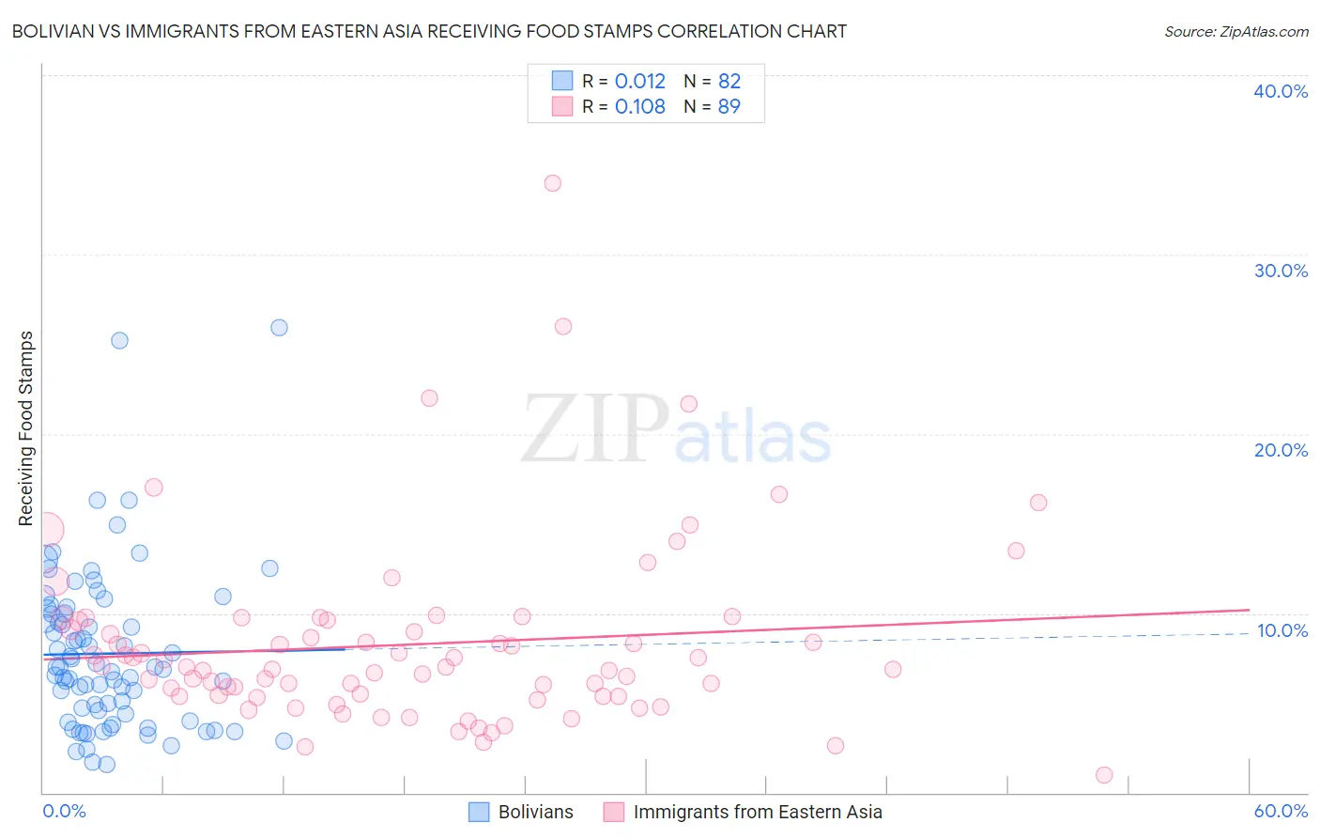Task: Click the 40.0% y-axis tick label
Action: [x=1280, y=91]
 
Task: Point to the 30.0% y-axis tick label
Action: [x=1280, y=271]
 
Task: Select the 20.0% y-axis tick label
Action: [x=1280, y=450]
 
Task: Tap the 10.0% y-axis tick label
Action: [x=1282, y=630]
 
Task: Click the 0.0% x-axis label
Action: [x=64, y=811]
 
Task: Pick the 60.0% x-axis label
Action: [x=1281, y=811]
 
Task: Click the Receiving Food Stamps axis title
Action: [x=26, y=428]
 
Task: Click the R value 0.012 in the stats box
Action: [x=639, y=81]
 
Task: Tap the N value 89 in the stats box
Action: [x=729, y=106]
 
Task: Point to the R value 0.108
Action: [x=639, y=106]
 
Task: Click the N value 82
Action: [x=729, y=81]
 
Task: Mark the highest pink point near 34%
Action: [x=553, y=183]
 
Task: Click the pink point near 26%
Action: [x=563, y=327]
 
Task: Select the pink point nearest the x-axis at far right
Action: [x=1104, y=775]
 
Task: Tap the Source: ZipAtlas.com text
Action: [x=1236, y=32]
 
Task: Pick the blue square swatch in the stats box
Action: [x=561, y=81]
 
